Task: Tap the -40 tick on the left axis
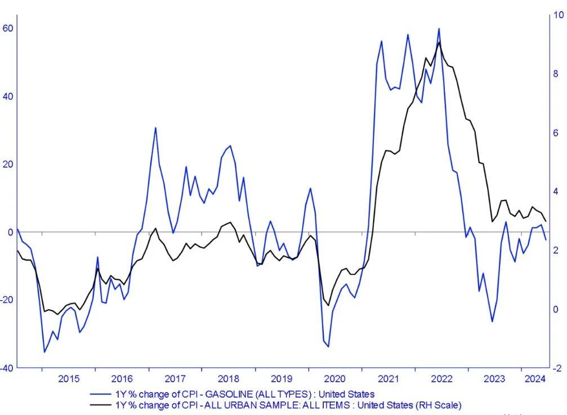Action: pos(7,368)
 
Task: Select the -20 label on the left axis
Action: pos(7,300)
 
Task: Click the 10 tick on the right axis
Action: pos(559,15)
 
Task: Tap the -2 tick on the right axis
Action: pos(558,368)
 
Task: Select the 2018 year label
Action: pos(229,378)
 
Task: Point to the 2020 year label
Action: pos(336,378)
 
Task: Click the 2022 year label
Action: pos(442,378)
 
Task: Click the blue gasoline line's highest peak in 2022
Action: pos(439,29)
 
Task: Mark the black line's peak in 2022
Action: pos(439,42)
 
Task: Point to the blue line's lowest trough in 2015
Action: pos(44,352)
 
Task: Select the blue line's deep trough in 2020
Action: pos(328,346)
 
